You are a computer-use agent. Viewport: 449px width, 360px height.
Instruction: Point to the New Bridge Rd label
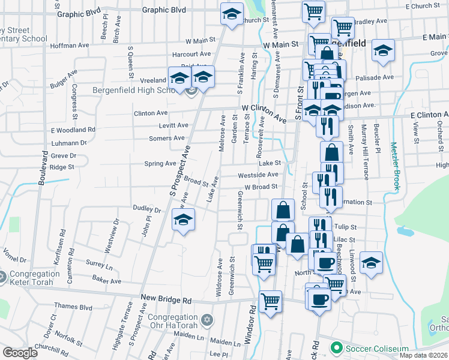pos(166,298)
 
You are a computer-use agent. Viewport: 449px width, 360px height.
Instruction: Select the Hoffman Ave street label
pos(70,46)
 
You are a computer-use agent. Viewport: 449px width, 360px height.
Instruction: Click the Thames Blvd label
pos(73,307)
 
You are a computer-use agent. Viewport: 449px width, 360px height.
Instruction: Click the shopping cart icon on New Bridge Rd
pos(271,301)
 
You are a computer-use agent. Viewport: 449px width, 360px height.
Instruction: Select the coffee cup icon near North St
pos(326,262)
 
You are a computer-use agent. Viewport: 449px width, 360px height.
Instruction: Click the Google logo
pos(19,353)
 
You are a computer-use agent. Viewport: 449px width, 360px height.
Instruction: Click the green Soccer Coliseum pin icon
pos(337,348)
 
